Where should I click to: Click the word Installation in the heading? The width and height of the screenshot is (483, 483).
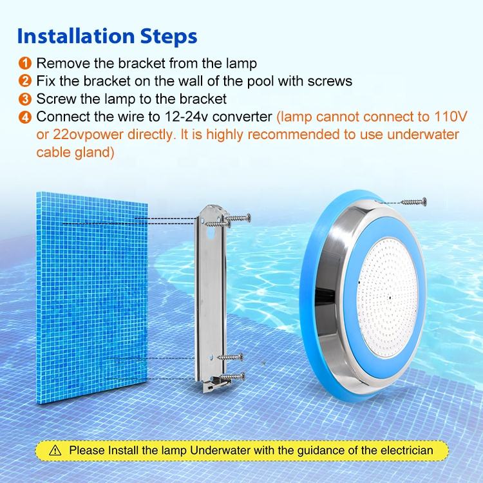76,36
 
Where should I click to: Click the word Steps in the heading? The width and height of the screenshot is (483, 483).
169,37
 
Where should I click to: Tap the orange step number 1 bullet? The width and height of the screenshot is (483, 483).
25,63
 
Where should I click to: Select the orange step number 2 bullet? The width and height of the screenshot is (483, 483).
25,81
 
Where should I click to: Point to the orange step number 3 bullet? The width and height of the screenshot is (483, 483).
25,99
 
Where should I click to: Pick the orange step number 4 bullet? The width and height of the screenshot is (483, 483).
25,117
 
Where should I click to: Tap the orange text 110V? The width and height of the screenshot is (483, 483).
450,117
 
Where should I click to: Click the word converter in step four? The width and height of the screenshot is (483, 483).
242,117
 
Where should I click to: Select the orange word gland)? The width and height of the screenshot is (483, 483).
94,153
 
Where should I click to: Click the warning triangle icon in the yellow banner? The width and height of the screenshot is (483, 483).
55,450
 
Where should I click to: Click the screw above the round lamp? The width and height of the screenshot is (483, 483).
413,202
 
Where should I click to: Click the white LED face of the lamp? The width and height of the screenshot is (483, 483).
386,298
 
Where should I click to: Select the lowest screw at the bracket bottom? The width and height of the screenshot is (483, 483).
233,377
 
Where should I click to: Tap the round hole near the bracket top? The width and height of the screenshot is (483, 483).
211,233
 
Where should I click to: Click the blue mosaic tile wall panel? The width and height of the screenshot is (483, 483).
92,298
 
